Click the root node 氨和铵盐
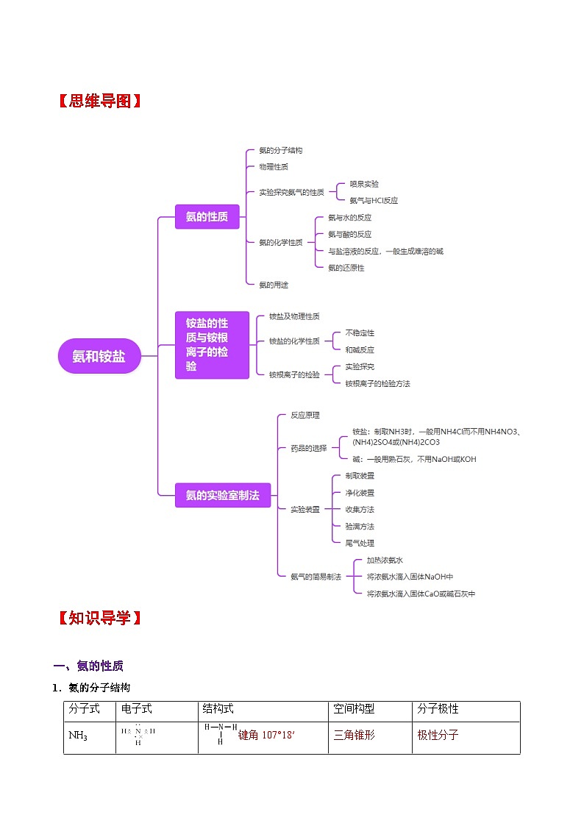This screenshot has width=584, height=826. click(99, 356)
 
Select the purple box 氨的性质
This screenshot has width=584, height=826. click(207, 216)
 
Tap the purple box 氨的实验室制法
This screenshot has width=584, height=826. click(222, 495)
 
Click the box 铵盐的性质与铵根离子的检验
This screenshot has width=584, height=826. click(207, 344)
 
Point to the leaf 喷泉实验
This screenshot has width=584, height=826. click(364, 184)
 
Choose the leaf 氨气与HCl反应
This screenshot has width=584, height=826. click(374, 200)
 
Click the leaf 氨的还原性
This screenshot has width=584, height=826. click(346, 268)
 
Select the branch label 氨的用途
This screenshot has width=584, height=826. click(274, 285)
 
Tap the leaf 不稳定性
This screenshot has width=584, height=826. click(360, 333)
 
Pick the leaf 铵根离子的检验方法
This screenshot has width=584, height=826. click(377, 383)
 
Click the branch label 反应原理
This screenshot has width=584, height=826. click(305, 415)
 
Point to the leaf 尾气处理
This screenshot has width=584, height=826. click(360, 543)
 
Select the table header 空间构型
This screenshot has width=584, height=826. click(354, 709)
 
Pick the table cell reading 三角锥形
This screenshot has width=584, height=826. click(354, 735)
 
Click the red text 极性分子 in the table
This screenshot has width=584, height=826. click(438, 735)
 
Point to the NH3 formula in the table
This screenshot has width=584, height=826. click(78, 736)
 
